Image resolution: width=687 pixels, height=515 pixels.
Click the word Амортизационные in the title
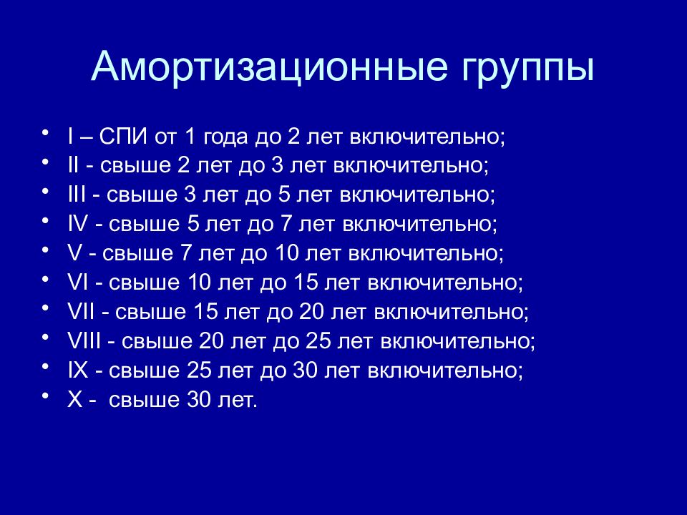269,67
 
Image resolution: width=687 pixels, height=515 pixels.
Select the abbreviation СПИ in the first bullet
122,137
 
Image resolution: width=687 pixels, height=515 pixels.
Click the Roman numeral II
74,165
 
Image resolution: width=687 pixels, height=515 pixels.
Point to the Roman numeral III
77,195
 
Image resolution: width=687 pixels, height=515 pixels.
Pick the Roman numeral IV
78,224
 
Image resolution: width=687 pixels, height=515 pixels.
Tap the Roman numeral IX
78,370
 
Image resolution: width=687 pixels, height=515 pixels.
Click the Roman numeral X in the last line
75,399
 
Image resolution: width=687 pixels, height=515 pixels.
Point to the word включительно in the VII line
451,312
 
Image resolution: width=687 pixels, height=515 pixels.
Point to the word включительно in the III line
417,195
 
